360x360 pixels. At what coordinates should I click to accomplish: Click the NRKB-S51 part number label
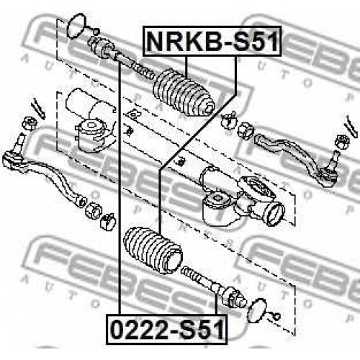click(212, 41)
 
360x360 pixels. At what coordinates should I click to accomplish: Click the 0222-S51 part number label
click(166, 329)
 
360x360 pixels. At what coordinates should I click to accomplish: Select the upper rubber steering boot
click(184, 94)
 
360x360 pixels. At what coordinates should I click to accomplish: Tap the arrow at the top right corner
click(351, 127)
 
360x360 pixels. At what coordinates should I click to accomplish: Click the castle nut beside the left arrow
click(30, 123)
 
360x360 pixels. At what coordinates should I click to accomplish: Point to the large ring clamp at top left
click(76, 27)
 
